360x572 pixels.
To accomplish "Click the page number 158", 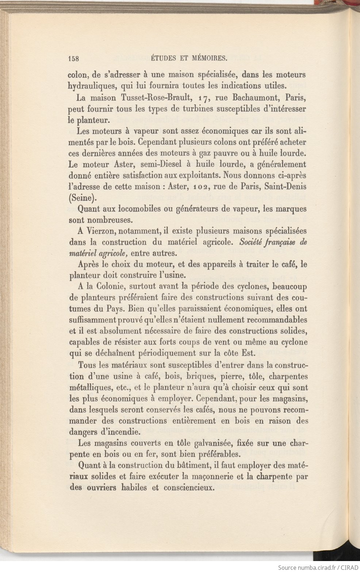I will coord(74,58).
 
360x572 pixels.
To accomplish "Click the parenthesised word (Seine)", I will coord(83,198).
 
